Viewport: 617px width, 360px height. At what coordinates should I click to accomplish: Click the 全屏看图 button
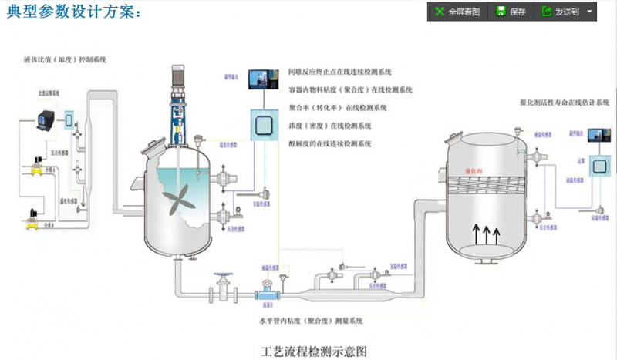point(457,12)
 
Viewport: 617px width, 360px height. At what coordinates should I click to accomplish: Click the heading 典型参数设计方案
point(73,12)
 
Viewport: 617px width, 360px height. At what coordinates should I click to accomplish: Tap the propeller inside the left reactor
point(179,196)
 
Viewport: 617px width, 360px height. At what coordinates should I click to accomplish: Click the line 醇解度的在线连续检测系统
point(330,143)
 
